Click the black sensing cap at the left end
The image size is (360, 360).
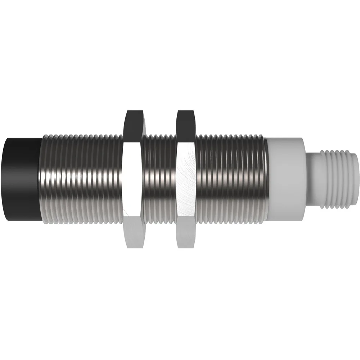pos(21,180)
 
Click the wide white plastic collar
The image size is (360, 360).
pos(286,180)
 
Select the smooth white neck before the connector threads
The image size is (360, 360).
pos(312,180)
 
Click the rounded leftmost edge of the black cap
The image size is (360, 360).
pos(3,180)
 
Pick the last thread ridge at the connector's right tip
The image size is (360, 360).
pos(354,180)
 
